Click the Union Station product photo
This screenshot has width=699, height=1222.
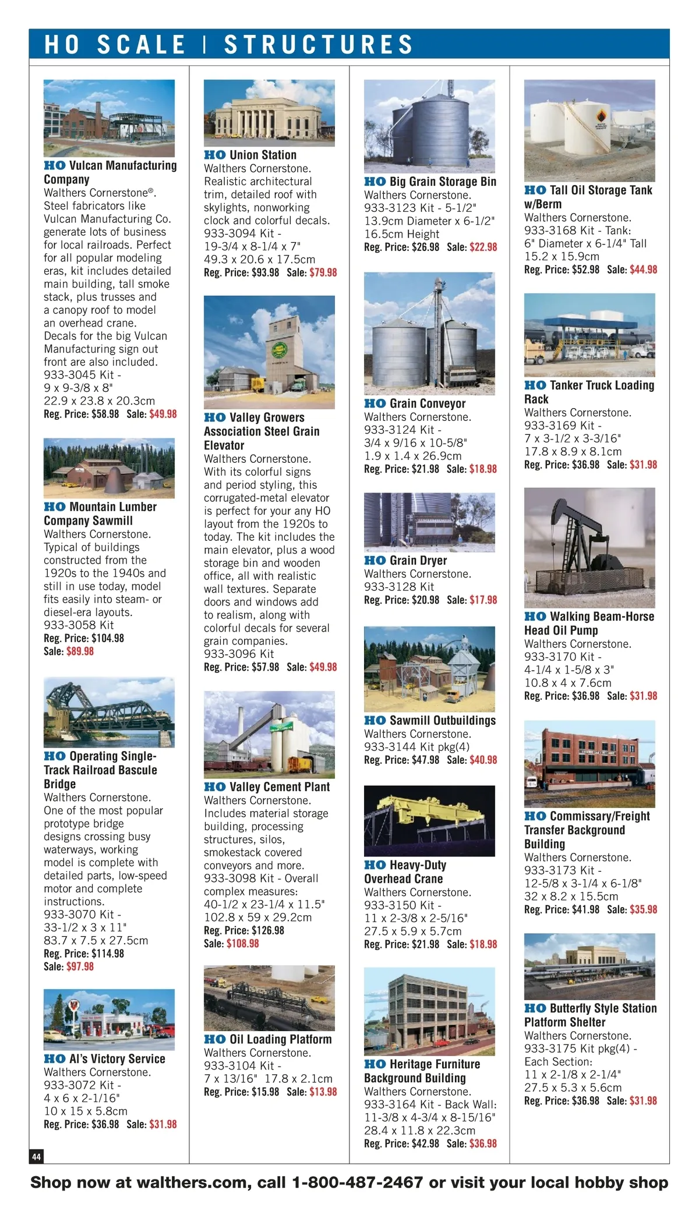(269, 113)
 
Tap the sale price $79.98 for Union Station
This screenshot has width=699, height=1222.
(323, 272)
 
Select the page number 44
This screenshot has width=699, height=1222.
(36, 1156)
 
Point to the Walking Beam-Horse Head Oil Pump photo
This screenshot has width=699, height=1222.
(589, 548)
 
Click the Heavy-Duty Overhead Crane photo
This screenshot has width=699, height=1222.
(429, 821)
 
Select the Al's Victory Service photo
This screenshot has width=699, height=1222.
(109, 1019)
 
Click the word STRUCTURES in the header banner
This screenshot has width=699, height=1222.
(319, 45)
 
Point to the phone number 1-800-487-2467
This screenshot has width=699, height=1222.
(358, 1182)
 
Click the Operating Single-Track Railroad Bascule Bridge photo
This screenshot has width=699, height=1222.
(109, 712)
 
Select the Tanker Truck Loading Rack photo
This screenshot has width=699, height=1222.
(589, 335)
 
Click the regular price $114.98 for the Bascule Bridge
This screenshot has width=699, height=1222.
(108, 954)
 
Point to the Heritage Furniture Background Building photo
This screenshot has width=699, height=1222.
(429, 1012)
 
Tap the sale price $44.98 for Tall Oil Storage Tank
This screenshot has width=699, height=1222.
(643, 270)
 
